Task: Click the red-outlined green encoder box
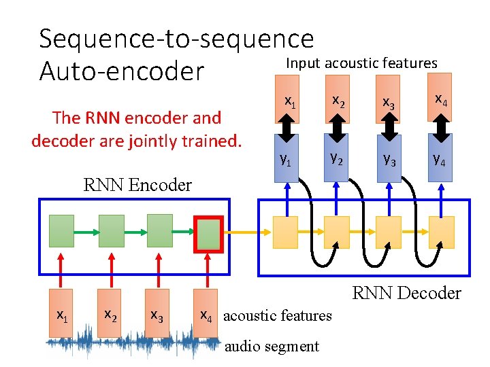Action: click(x=208, y=232)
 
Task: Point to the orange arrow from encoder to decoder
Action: click(x=246, y=232)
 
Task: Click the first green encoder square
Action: click(x=61, y=231)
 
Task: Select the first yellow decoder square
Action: click(x=285, y=232)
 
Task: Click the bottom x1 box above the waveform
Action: click(x=61, y=317)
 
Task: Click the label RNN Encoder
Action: click(x=137, y=185)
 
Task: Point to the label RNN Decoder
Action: click(x=406, y=293)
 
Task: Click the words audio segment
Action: click(x=272, y=346)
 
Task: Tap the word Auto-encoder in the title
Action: click(x=122, y=71)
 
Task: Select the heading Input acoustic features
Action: click(x=361, y=63)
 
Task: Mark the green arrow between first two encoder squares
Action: click(x=86, y=231)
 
